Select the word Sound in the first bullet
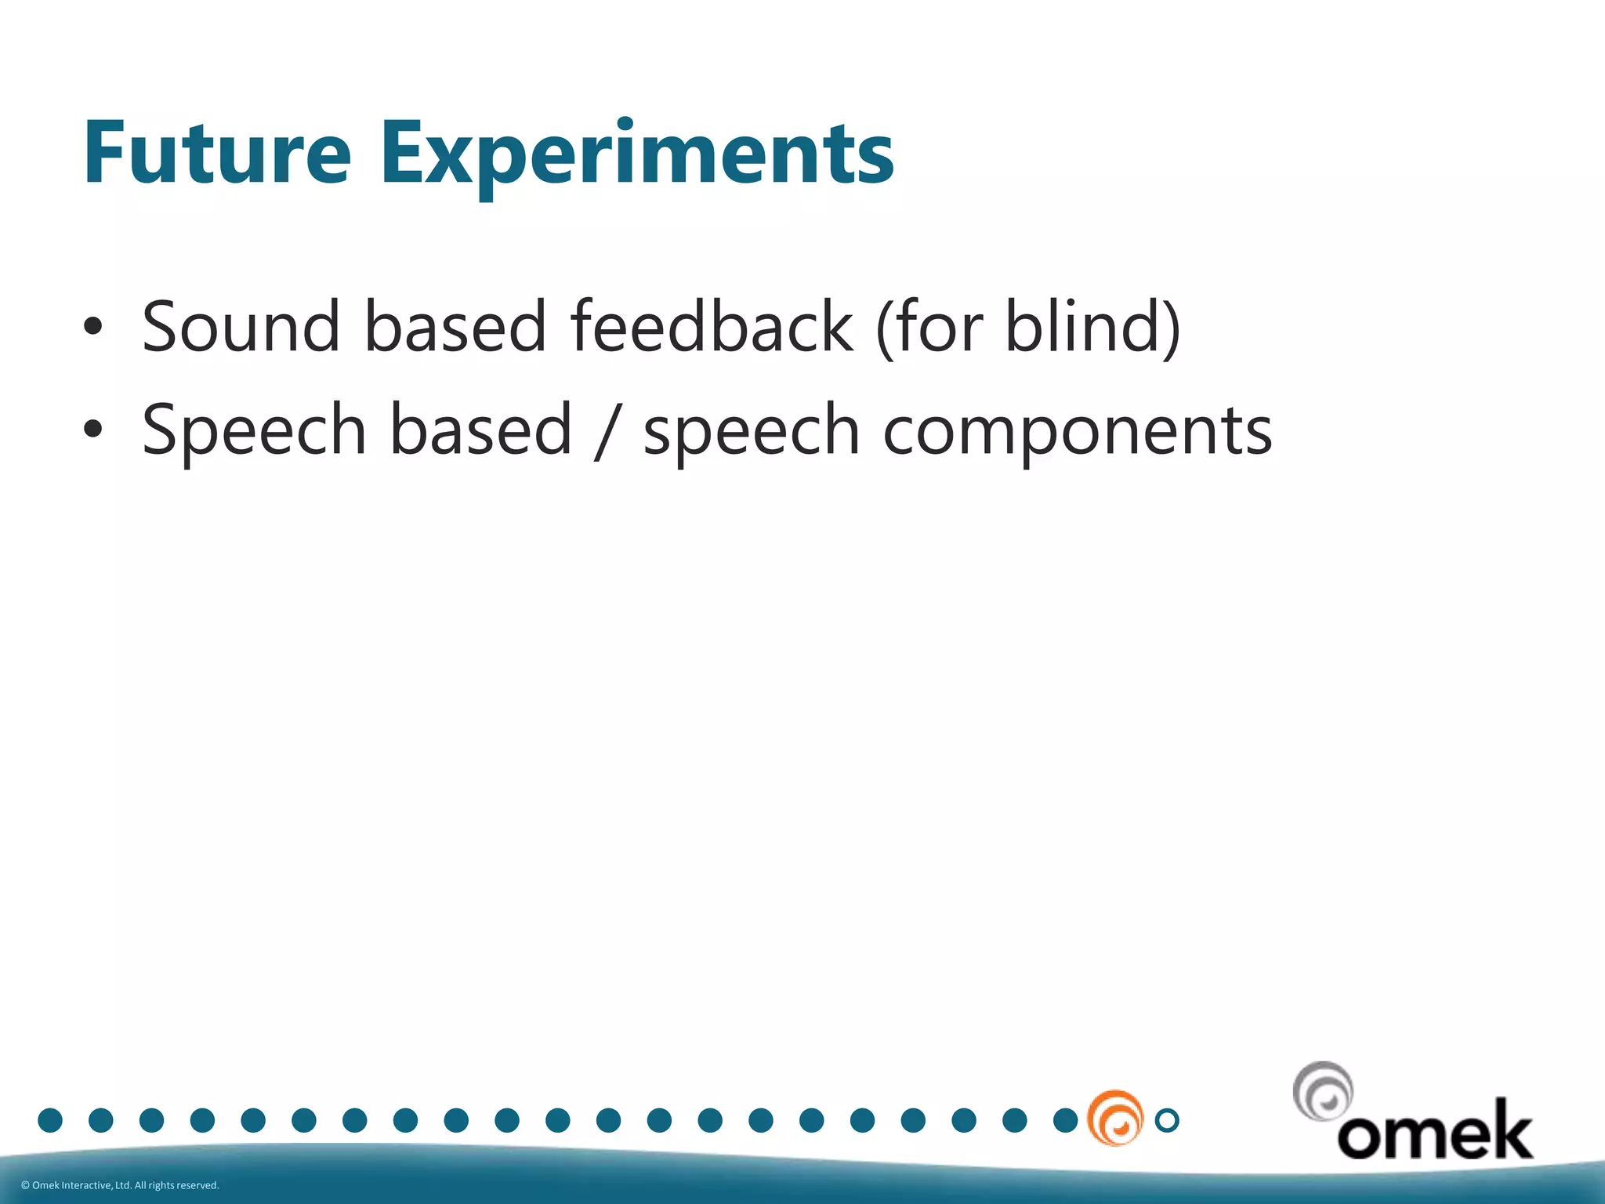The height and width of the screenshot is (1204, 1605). (241, 327)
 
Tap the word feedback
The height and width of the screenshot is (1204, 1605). (711, 327)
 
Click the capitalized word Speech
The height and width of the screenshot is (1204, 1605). (254, 430)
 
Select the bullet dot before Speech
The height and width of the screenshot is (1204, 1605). (92, 429)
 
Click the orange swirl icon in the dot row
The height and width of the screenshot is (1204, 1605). (1114, 1119)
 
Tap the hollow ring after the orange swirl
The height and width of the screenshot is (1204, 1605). (1167, 1120)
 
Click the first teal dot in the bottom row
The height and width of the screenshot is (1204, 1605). (50, 1120)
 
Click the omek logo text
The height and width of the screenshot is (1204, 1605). (1434, 1131)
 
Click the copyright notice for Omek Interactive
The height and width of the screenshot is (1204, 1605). (120, 1185)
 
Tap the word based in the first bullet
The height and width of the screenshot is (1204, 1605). (455, 327)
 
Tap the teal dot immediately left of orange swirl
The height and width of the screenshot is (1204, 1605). (1065, 1120)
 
